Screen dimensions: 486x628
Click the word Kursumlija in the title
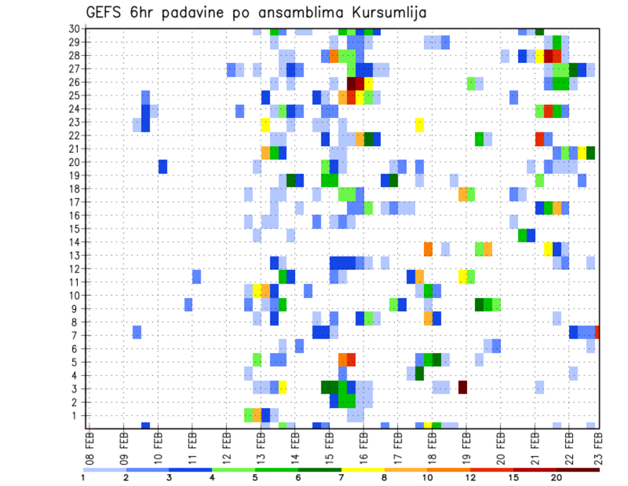[x=385, y=12]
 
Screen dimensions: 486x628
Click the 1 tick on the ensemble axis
[x=77, y=415]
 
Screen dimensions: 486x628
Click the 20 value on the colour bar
[x=557, y=477]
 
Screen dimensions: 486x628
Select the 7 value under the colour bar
[x=341, y=477]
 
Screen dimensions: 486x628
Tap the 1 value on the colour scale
[x=83, y=477]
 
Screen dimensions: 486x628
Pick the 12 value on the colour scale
[x=470, y=477]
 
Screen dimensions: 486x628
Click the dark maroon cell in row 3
[x=462, y=387]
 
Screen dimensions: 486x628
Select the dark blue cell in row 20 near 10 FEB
[x=163, y=166]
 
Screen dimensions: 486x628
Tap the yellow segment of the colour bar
[x=363, y=470]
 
